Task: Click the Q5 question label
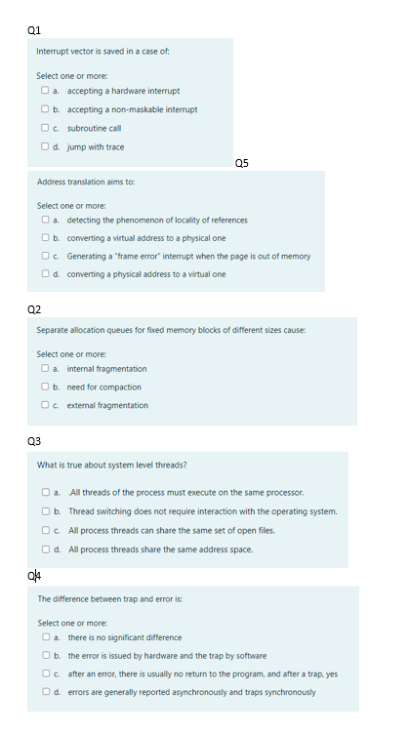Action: [243, 163]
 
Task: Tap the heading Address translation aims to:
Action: [86, 183]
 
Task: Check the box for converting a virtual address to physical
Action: [45, 238]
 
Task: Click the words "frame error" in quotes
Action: [136, 256]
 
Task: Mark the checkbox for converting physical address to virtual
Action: [45, 274]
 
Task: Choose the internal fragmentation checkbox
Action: [45, 369]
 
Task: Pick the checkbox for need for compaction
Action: [45, 387]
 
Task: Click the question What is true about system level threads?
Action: [112, 465]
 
